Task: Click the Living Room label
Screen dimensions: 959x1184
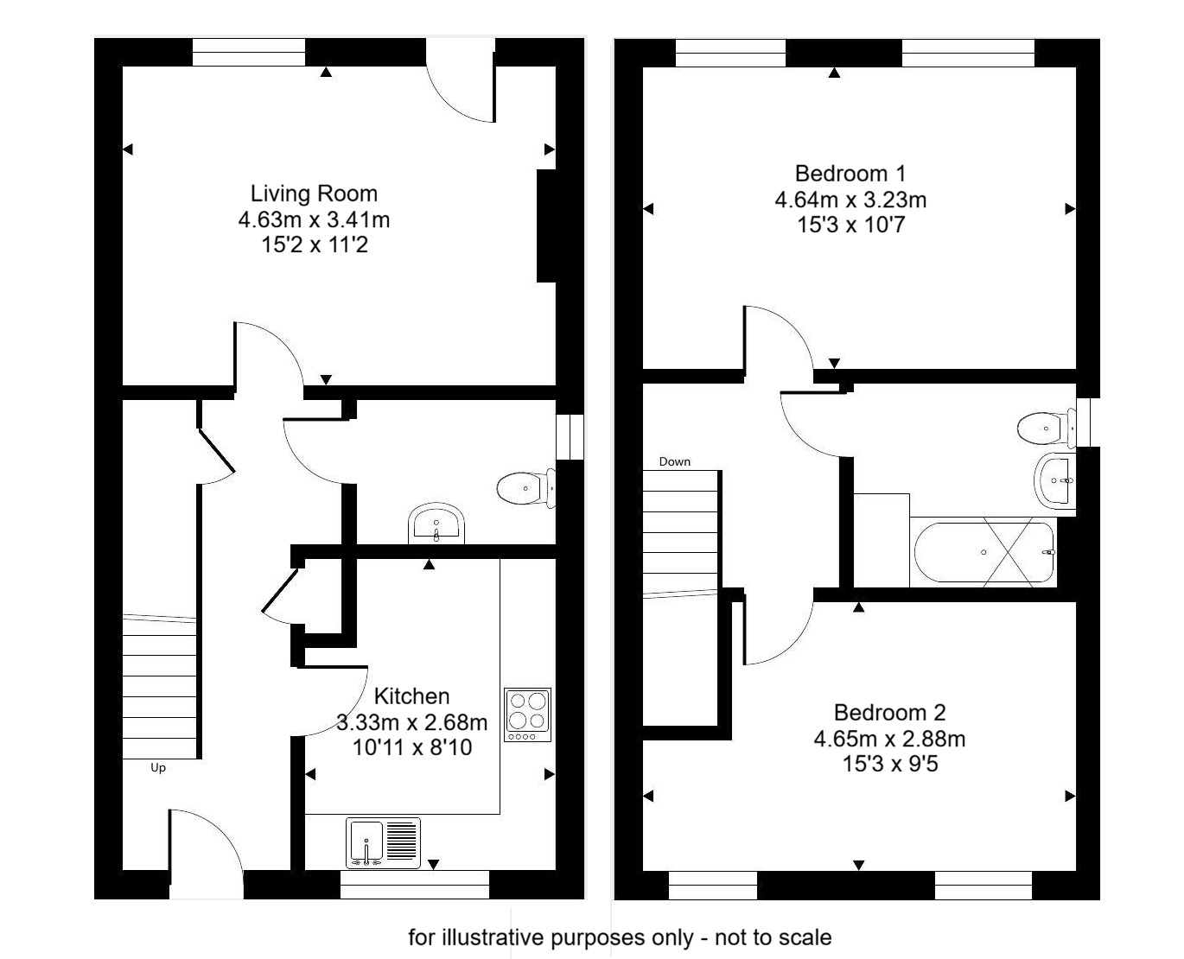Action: click(x=314, y=193)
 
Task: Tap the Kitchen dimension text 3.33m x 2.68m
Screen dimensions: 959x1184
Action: click(x=411, y=722)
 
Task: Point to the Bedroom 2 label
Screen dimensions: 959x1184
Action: click(x=889, y=713)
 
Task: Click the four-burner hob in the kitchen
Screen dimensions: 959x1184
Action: click(x=527, y=714)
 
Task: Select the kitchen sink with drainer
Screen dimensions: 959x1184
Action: click(x=384, y=842)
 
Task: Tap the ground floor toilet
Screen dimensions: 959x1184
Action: click(x=525, y=489)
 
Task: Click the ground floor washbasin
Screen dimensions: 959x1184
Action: click(x=436, y=524)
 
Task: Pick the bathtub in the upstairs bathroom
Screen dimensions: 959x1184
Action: click(x=983, y=552)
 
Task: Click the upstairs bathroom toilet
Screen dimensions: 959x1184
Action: click(x=1045, y=428)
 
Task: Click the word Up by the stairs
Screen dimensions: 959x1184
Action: click(x=158, y=767)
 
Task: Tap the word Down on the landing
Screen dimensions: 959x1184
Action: click(x=674, y=461)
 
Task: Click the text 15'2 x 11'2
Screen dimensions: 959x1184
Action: click(x=314, y=245)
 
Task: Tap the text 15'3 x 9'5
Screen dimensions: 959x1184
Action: click(x=889, y=764)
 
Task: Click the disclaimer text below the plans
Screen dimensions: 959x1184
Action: click(x=620, y=937)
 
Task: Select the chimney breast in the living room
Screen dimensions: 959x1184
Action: click(x=546, y=225)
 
